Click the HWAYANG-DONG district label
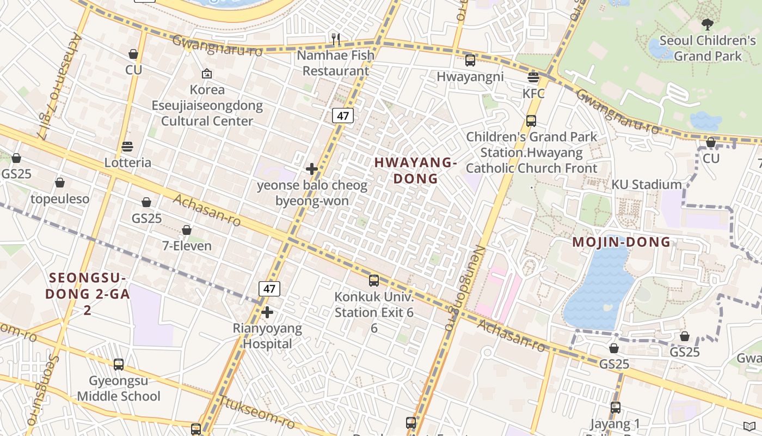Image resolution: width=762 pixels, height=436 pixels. tap(415, 170)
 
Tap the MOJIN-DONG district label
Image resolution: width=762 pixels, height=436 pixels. tap(621, 242)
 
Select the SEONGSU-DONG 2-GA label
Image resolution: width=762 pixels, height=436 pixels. tap(87, 294)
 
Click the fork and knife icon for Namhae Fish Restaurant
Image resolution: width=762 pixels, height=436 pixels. tap(336, 39)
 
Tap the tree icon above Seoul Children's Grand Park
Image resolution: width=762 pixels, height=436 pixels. tap(707, 24)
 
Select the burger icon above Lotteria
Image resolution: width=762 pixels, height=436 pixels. tap(127, 146)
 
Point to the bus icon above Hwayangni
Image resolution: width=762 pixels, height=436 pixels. tap(470, 60)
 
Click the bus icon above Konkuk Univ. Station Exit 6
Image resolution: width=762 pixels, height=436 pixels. tap(374, 281)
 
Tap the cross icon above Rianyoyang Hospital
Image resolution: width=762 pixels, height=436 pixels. tap(267, 312)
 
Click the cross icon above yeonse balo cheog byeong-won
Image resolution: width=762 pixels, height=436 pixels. tap(312, 169)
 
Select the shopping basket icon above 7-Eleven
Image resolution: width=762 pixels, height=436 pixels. tap(187, 230)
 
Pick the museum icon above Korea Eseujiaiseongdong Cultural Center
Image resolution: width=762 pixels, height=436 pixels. tap(207, 74)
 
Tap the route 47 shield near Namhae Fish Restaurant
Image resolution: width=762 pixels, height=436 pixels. tap(343, 116)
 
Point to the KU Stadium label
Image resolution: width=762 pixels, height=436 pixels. tap(646, 185)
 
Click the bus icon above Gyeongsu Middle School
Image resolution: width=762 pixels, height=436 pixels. tap(119, 364)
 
